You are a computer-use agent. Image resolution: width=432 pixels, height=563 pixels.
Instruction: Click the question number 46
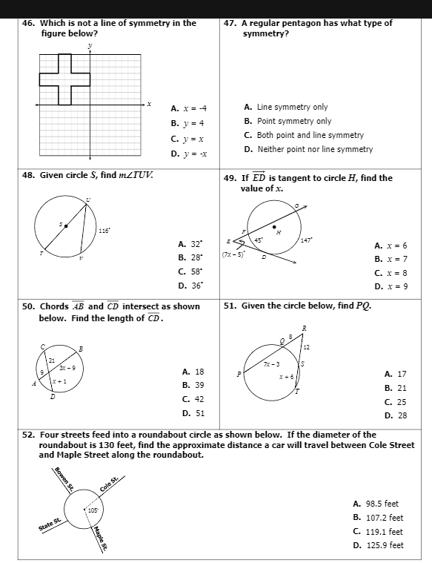point(28,23)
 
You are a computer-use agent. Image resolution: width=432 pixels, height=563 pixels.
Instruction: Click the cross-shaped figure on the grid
point(64,79)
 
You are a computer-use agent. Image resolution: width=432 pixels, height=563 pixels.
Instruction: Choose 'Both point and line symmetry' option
point(303,135)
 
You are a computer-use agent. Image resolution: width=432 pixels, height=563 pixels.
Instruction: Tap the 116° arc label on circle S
point(104,231)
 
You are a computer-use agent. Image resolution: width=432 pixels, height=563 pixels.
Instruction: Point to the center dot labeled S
point(65,224)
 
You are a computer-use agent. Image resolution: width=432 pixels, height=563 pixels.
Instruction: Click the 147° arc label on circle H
point(307,240)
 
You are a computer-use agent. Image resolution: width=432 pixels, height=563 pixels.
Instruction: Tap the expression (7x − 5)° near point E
point(233,254)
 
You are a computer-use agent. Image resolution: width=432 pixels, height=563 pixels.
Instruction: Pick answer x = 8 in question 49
point(391,272)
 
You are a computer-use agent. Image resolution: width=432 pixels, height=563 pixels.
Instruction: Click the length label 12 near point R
point(306,347)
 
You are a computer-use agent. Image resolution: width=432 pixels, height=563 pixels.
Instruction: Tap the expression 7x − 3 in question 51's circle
point(272,364)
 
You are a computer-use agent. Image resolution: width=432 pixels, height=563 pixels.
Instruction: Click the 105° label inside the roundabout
point(93,510)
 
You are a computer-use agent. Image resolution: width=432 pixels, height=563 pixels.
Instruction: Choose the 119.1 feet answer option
point(378,531)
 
